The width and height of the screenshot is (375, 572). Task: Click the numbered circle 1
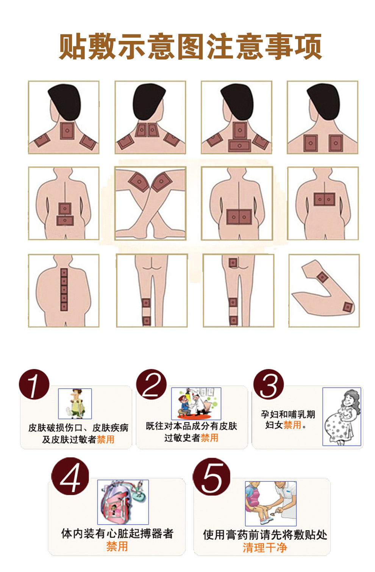tap(34, 384)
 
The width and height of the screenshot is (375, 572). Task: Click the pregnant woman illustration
tap(342, 416)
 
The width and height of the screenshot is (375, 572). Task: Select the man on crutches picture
tap(75, 404)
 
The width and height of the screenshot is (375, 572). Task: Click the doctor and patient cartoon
tap(196, 403)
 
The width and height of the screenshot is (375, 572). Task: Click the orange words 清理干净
tap(265, 547)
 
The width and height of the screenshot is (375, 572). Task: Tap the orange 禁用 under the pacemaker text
tap(117, 546)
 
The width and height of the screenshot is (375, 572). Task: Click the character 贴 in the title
tap(73, 47)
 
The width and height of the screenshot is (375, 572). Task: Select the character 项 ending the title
tap(307, 47)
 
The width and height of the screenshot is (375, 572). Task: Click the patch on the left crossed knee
tap(139, 181)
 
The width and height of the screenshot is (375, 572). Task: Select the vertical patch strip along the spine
tap(64, 289)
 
